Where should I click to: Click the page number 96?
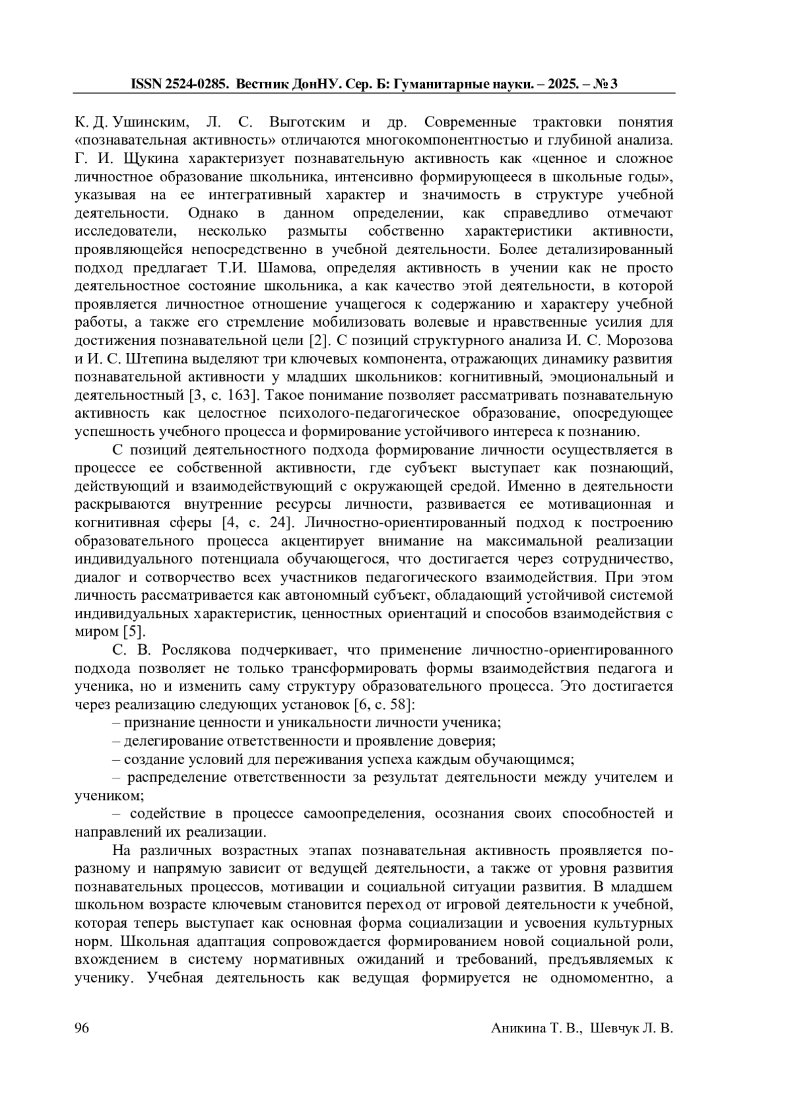click(x=82, y=1028)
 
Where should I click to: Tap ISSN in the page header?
click(x=147, y=84)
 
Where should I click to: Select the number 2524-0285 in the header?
click(x=197, y=84)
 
